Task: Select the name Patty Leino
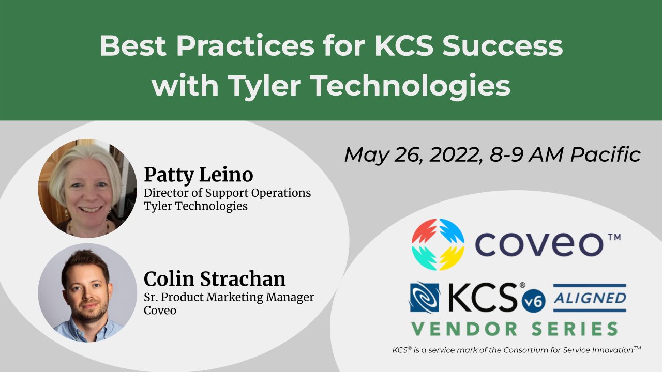pyautogui.click(x=199, y=175)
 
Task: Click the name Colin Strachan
pyautogui.click(x=215, y=279)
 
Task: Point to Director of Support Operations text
pyautogui.click(x=228, y=193)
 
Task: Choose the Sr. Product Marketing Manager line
pyautogui.click(x=229, y=298)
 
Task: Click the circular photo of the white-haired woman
pyautogui.click(x=87, y=188)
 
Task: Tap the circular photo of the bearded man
pyautogui.click(x=87, y=292)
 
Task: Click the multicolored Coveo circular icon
pyautogui.click(x=438, y=244)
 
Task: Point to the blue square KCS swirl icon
pyautogui.click(x=425, y=298)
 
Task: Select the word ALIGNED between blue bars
pyautogui.click(x=590, y=298)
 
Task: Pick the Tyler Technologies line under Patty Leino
pyautogui.click(x=195, y=206)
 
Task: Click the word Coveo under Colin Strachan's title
pyautogui.click(x=160, y=311)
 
